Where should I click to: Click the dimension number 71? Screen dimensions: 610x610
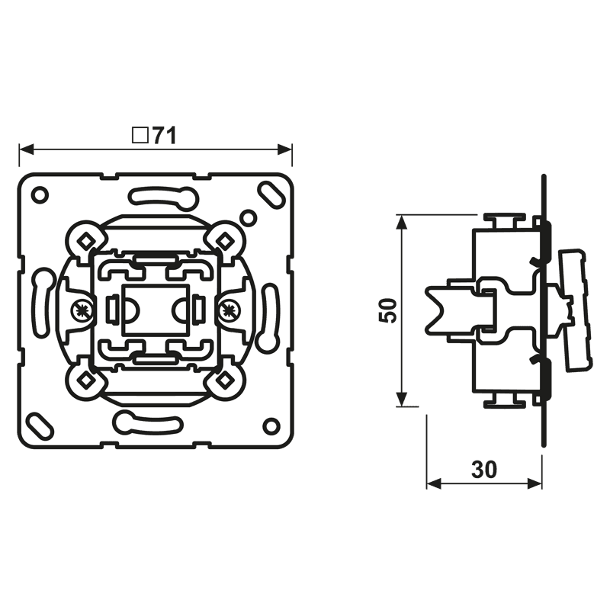pyautogui.click(x=165, y=136)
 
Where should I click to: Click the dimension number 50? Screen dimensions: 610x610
pyautogui.click(x=388, y=310)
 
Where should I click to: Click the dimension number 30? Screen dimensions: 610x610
pyautogui.click(x=484, y=469)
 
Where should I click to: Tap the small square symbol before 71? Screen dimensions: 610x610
pyautogui.click(x=140, y=136)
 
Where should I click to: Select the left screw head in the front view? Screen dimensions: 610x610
pyautogui.click(x=82, y=310)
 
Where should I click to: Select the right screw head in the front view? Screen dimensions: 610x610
pyautogui.click(x=228, y=310)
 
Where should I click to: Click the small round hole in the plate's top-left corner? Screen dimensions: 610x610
pyautogui.click(x=40, y=194)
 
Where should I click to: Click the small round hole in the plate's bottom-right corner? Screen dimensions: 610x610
pyautogui.click(x=271, y=425)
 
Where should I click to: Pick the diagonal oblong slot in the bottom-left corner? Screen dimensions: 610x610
pyautogui.click(x=40, y=425)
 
